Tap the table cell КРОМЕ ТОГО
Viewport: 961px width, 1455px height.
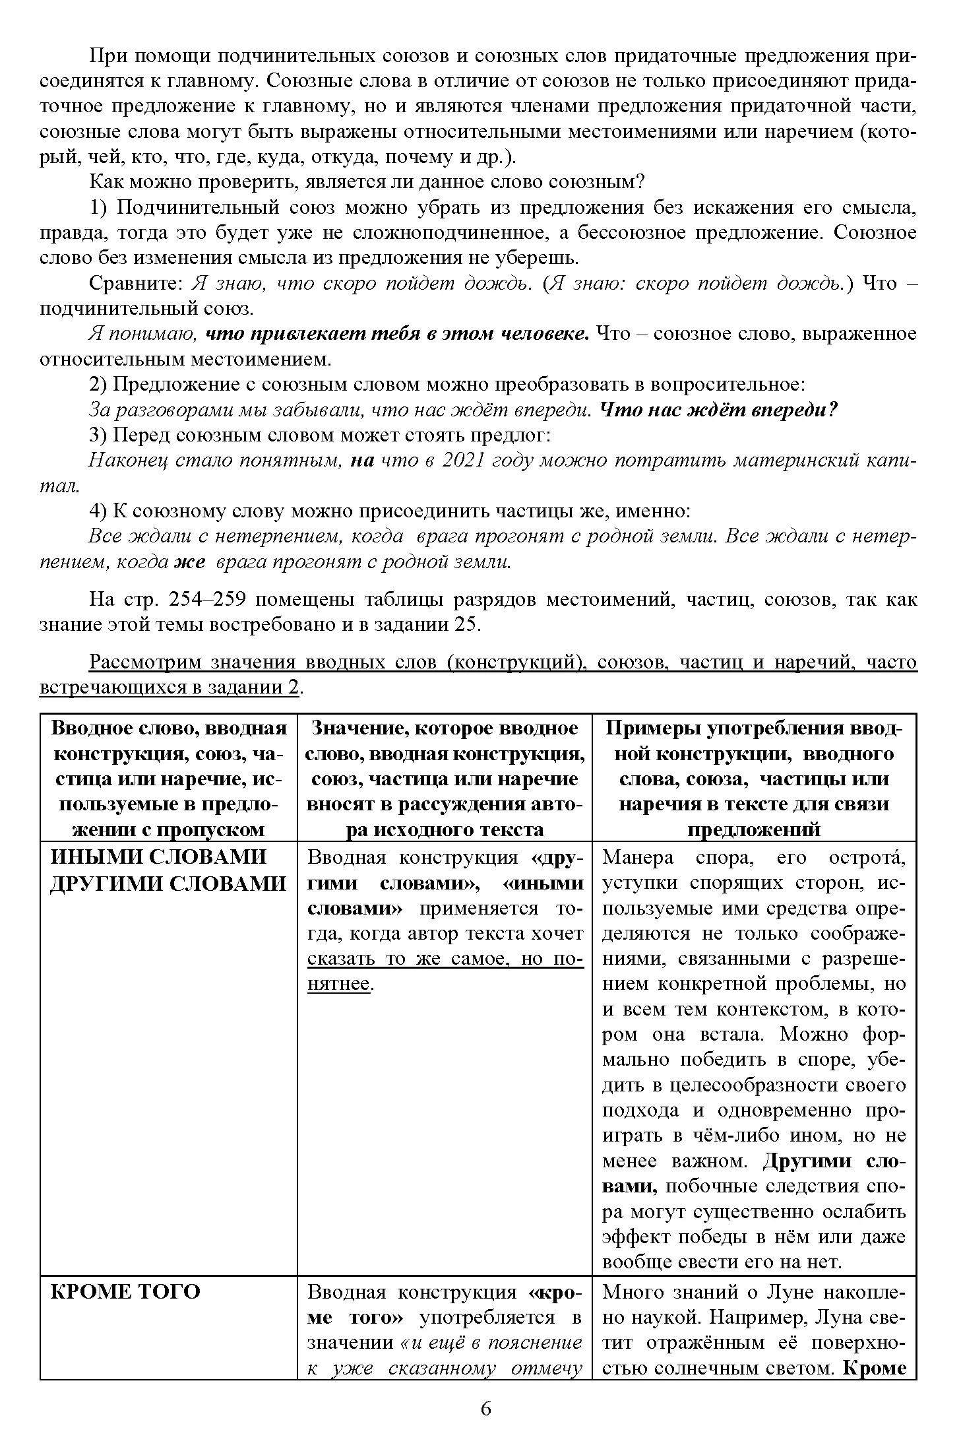click(125, 1291)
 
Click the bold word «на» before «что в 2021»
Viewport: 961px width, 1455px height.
click(362, 461)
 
